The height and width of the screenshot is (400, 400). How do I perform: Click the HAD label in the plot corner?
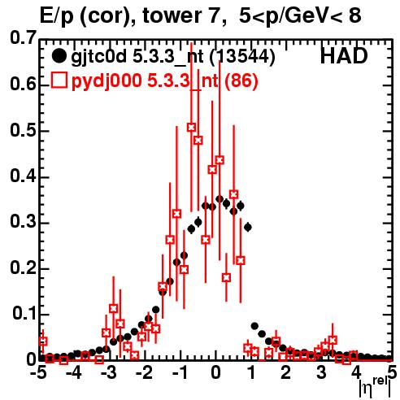pyautogui.click(x=344, y=56)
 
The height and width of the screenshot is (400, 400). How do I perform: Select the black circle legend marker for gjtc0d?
pyautogui.click(x=59, y=56)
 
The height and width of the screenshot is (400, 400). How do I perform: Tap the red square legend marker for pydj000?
pyautogui.click(x=59, y=80)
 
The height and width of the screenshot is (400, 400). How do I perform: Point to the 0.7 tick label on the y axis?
pyautogui.click(x=23, y=37)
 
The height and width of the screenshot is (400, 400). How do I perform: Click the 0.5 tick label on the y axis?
pyautogui.click(x=23, y=131)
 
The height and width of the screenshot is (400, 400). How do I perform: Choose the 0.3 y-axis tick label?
pyautogui.click(x=23, y=222)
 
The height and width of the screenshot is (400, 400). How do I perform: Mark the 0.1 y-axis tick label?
pyautogui.click(x=24, y=314)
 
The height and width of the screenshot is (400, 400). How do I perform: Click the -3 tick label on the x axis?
pyautogui.click(x=108, y=373)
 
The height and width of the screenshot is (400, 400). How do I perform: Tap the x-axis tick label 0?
pyautogui.click(x=215, y=373)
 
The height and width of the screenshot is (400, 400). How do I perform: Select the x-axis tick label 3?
pyautogui.click(x=321, y=373)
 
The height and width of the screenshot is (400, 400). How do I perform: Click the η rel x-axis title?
pyautogui.click(x=375, y=387)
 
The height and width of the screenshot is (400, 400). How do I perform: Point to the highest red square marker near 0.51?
pyautogui.click(x=191, y=127)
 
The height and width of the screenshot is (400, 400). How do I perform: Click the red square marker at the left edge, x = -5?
pyautogui.click(x=43, y=341)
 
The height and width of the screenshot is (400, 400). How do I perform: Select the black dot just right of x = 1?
pyautogui.click(x=254, y=326)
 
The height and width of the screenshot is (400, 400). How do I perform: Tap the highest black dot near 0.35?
pyautogui.click(x=220, y=199)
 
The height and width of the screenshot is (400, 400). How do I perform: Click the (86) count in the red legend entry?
pyautogui.click(x=241, y=80)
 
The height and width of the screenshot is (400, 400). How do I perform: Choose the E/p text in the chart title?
pyautogui.click(x=57, y=16)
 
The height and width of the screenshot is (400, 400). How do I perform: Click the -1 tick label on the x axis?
pyautogui.click(x=179, y=373)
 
